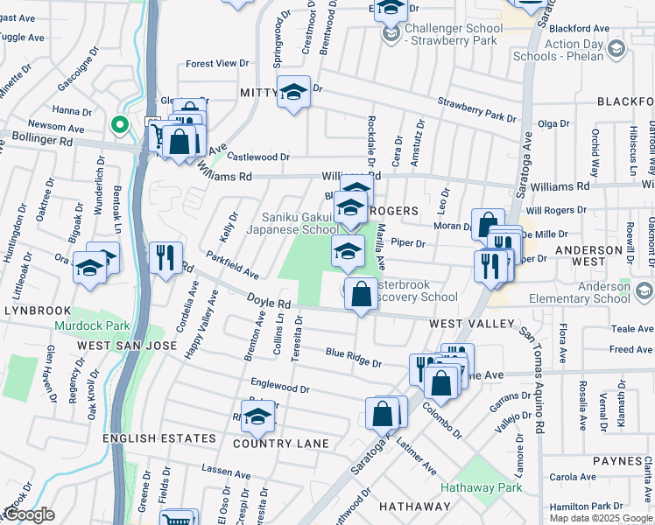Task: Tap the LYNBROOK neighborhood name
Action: click(35, 310)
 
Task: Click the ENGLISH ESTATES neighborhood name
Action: click(159, 437)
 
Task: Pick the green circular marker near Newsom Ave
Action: click(118, 125)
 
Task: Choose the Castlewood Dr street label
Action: click(258, 157)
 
